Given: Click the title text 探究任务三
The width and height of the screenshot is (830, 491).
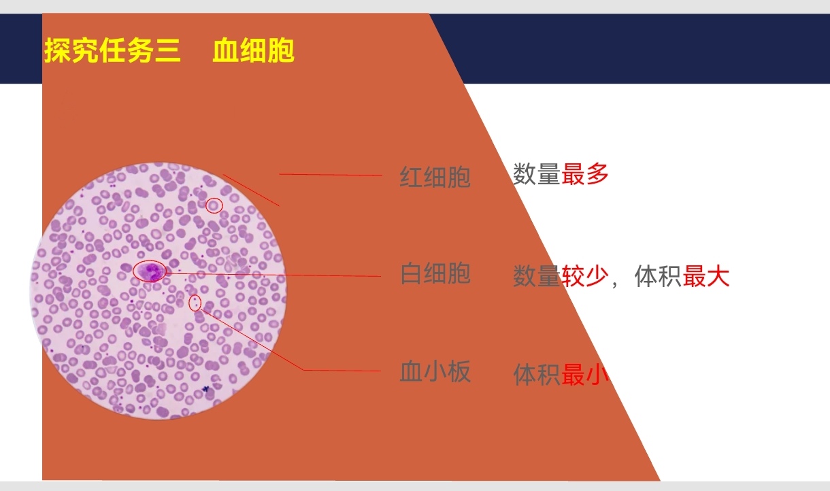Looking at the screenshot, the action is (x=112, y=50).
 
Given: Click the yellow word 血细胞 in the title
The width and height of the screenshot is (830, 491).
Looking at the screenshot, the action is (x=254, y=50).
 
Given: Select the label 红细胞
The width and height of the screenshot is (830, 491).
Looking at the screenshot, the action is (x=435, y=177).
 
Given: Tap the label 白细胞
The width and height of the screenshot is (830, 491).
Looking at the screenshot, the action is (x=435, y=273).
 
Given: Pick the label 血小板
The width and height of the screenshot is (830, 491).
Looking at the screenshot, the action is (x=435, y=371).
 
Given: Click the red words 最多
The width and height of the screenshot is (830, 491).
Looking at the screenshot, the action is (x=585, y=174).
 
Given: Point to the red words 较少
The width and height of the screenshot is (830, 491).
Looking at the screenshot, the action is (x=585, y=276).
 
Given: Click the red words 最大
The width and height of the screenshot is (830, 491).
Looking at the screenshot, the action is (x=706, y=276).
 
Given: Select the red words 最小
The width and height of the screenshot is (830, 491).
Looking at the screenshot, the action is (x=585, y=375).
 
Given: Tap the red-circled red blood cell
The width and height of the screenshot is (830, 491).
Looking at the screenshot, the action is (x=214, y=205).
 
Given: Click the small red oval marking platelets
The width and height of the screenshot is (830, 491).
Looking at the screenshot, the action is (x=195, y=303).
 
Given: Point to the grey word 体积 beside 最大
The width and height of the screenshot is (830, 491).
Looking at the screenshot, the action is (x=659, y=276).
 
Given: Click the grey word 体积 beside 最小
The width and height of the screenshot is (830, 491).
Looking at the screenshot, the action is (x=537, y=375).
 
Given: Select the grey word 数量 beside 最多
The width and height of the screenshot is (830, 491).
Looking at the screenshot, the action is (x=537, y=174).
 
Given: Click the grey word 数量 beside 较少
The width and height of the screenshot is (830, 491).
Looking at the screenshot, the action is (x=537, y=276).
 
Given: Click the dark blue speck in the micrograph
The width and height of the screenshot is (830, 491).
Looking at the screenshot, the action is (x=206, y=389).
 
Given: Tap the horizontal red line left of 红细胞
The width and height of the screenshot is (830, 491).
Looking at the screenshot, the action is (x=331, y=174).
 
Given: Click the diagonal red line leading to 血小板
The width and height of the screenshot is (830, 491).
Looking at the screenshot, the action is (x=252, y=340).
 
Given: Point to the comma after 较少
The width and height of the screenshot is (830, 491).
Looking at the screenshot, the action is (x=615, y=284).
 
